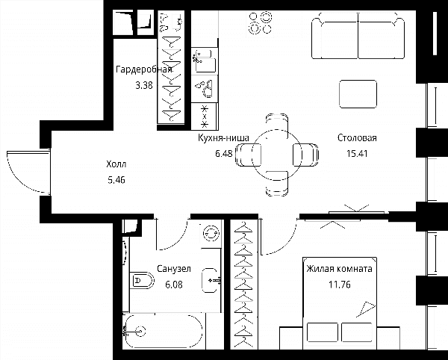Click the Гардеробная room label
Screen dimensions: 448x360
click(144, 69)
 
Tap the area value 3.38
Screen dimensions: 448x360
click(144, 85)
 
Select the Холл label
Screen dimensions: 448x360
click(116, 164)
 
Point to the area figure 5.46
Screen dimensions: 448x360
click(116, 180)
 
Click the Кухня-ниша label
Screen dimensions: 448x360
click(224, 137)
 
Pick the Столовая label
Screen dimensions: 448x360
click(357, 137)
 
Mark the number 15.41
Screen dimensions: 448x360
click(357, 153)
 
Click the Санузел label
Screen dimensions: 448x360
click(174, 269)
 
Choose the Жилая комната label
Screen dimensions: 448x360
click(339, 269)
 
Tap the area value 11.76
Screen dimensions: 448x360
click(340, 285)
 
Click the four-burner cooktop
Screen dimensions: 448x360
click(260, 23)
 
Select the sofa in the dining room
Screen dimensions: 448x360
click(358, 35)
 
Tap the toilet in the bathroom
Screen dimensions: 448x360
click(142, 280)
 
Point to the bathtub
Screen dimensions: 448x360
click(164, 332)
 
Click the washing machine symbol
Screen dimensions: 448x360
click(211, 233)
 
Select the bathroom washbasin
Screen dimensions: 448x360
click(210, 281)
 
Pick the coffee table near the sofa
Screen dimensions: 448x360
click(358, 94)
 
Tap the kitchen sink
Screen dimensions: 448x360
click(205, 61)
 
